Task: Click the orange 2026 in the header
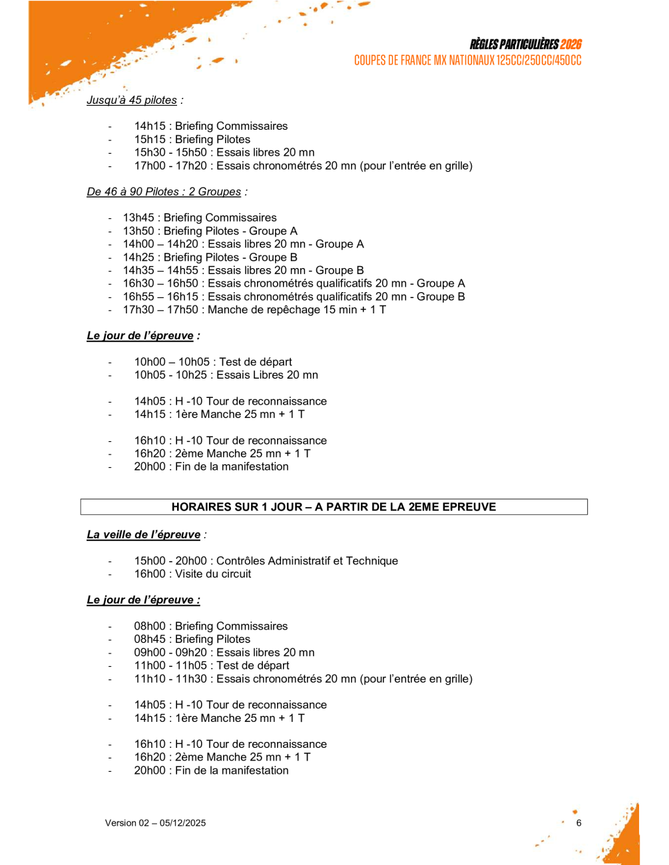click(570, 45)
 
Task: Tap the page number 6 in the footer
click(578, 823)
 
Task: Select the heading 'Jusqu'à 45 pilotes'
click(132, 100)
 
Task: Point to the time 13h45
click(138, 218)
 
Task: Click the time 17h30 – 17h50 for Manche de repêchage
click(160, 310)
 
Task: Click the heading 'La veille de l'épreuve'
click(144, 535)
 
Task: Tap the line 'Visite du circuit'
click(213, 574)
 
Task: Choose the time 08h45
click(150, 639)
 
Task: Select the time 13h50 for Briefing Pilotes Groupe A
click(138, 231)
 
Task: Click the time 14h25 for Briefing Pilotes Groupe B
click(138, 258)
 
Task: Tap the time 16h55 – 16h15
click(160, 297)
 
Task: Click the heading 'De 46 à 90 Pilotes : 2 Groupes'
click(164, 192)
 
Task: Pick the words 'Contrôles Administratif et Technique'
click(307, 561)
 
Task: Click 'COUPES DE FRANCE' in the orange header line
click(392, 61)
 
